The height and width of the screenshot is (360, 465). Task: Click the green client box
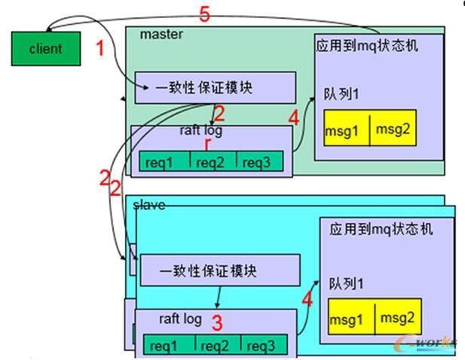tap(45, 49)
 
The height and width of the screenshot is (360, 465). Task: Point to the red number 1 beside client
tap(99, 50)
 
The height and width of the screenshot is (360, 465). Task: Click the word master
tap(161, 34)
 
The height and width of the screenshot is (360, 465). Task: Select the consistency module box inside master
tap(215, 88)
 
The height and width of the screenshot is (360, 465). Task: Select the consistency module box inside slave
tap(219, 270)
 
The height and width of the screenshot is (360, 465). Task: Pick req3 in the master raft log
tap(259, 161)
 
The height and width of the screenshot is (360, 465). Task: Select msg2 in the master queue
tap(393, 130)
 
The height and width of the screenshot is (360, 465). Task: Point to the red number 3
tap(217, 323)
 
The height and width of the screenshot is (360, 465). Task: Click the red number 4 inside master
tap(293, 117)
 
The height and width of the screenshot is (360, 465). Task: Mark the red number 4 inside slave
tap(307, 299)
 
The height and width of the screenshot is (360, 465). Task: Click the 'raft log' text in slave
tap(180, 319)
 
